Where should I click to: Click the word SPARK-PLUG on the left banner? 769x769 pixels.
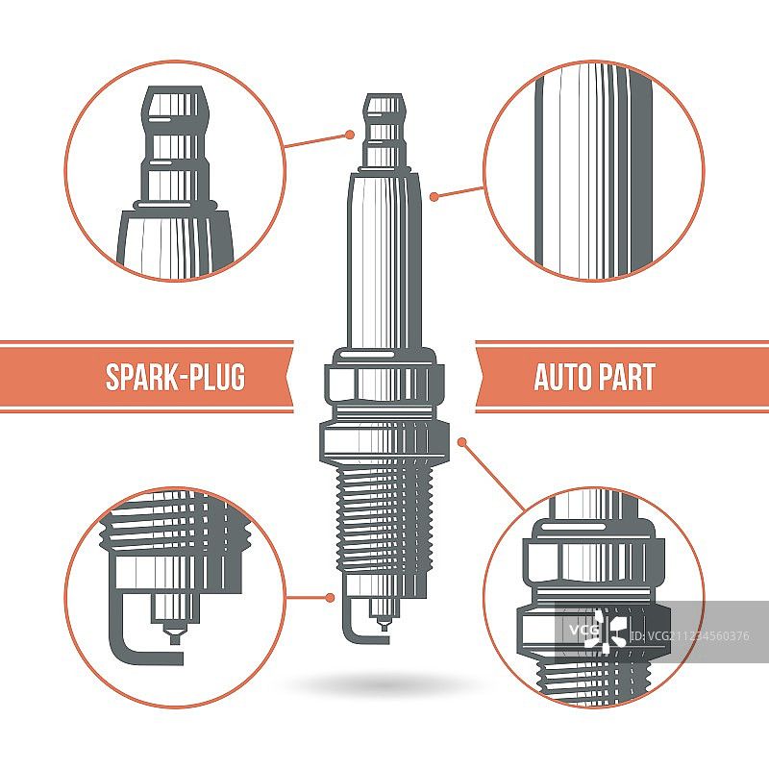pyautogui.click(x=175, y=377)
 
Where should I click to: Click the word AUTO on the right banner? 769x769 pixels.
pyautogui.click(x=562, y=377)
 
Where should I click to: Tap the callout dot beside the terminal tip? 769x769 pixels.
pyautogui.click(x=350, y=135)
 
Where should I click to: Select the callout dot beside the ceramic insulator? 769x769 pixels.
pyautogui.click(x=434, y=197)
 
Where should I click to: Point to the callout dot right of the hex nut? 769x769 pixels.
pyautogui.click(x=461, y=442)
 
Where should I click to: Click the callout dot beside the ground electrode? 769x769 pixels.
pyautogui.click(x=330, y=597)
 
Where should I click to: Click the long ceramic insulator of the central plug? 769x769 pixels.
pyautogui.click(x=384, y=260)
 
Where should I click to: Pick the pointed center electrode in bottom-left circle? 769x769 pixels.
pyautogui.click(x=174, y=633)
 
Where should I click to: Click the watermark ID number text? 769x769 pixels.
pyautogui.click(x=689, y=636)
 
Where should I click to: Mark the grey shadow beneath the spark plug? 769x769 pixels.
pyautogui.click(x=383, y=682)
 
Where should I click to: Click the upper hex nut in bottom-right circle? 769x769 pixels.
pyautogui.click(x=593, y=560)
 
